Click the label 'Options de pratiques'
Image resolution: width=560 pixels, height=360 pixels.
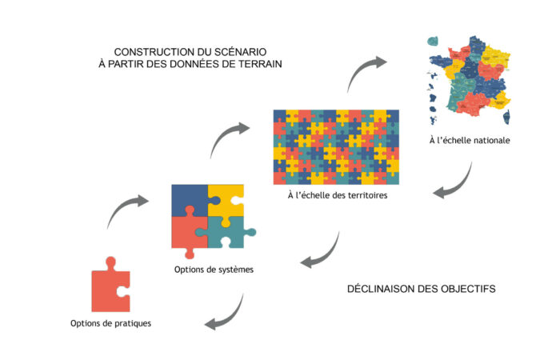pyautogui.click(x=110, y=323)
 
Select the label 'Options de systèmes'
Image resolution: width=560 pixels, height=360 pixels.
pyautogui.click(x=214, y=269)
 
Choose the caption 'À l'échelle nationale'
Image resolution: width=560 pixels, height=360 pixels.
pyautogui.click(x=470, y=141)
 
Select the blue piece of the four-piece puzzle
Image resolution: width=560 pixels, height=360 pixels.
pyautogui.click(x=189, y=202)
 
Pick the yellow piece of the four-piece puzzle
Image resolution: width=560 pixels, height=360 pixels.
pyautogui.click(x=226, y=200)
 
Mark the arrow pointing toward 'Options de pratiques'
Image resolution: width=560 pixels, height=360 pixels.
pyautogui.click(x=226, y=313)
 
